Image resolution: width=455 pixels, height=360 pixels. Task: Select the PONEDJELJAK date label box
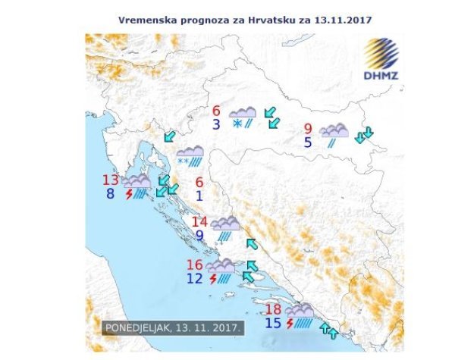(x=174, y=328)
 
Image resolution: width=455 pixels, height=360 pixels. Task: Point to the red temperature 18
(x=274, y=309)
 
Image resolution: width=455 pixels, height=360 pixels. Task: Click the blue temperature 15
(x=274, y=324)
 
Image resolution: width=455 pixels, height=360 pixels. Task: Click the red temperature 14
(x=199, y=222)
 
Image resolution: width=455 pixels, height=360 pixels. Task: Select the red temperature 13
(x=111, y=180)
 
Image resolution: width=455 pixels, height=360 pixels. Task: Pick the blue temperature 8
(x=111, y=193)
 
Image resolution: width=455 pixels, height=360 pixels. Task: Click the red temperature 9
(x=307, y=128)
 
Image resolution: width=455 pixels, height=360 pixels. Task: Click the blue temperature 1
(x=199, y=196)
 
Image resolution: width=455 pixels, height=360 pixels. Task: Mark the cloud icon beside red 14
(x=225, y=223)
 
